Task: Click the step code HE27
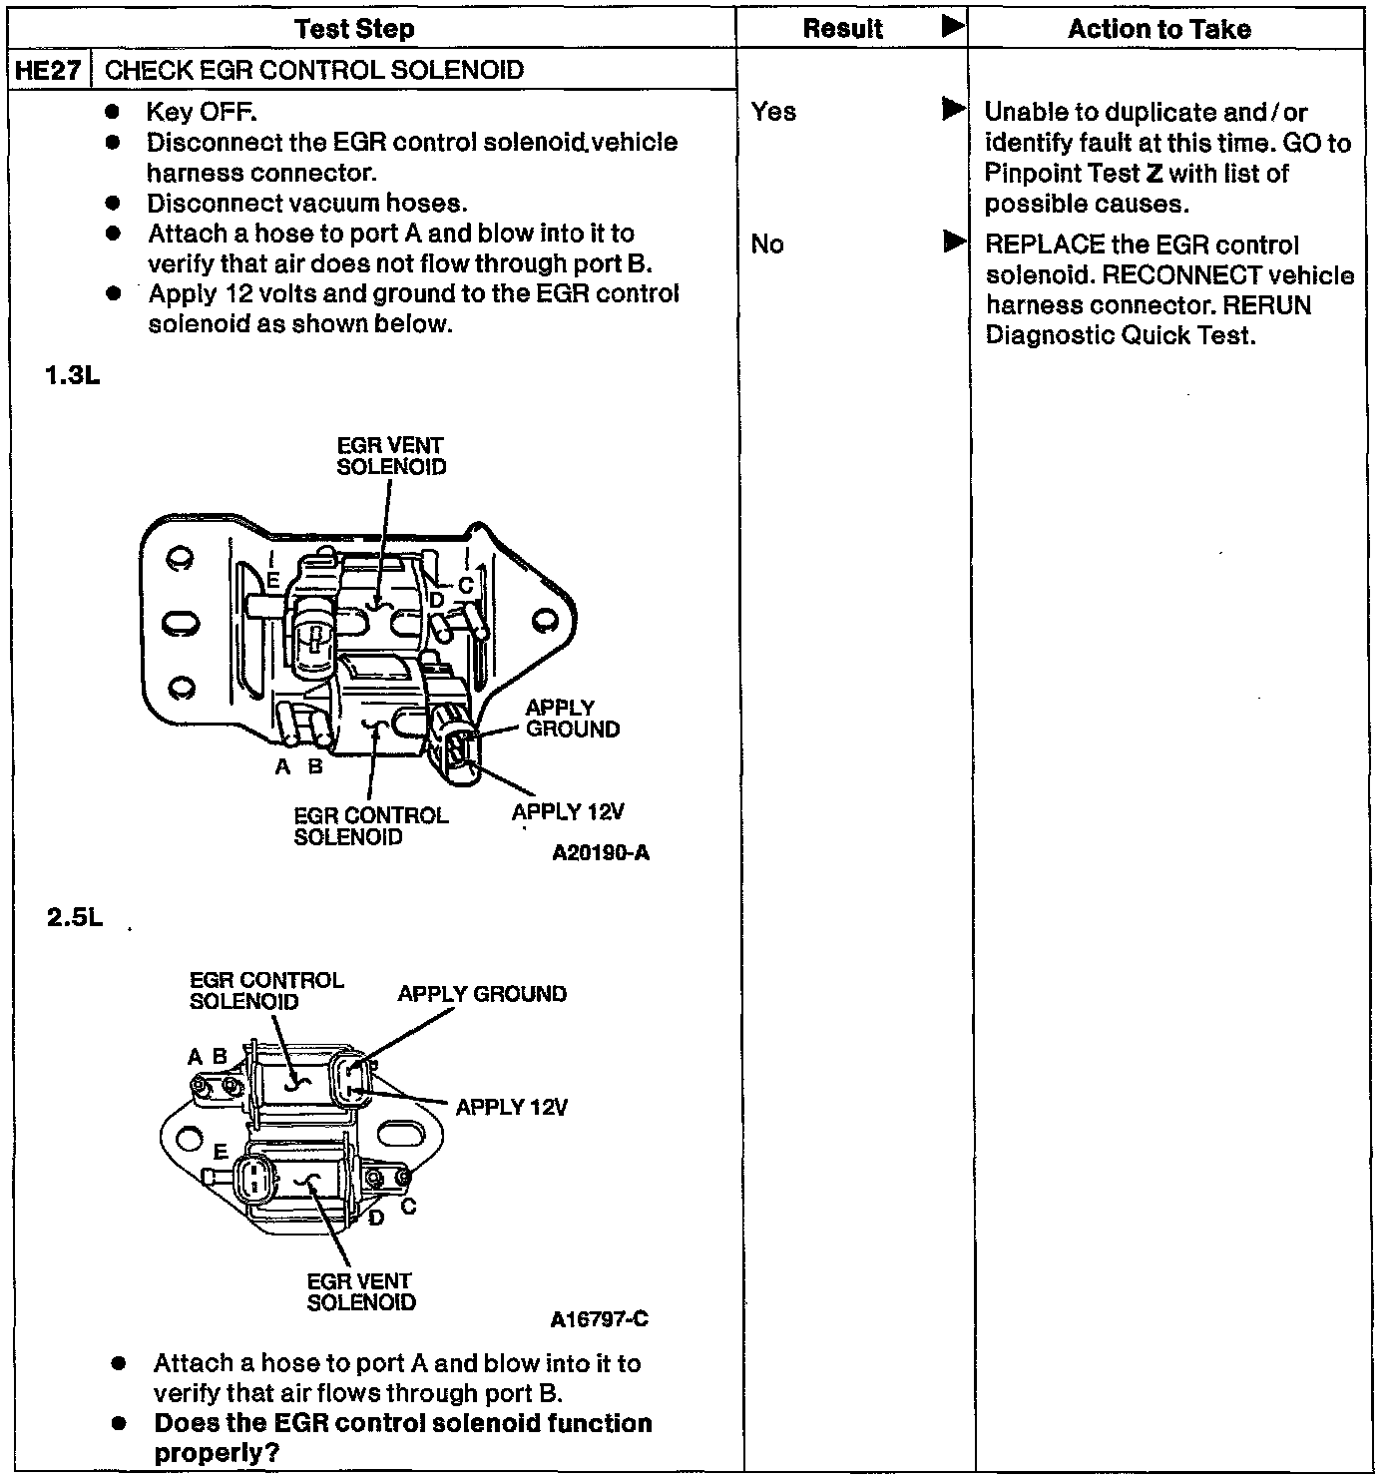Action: coord(48,70)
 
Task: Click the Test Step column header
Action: coord(355,29)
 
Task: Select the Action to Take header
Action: coord(1159,29)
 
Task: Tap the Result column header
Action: coord(843,29)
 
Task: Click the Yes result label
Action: coord(773,111)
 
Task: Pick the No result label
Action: coord(766,244)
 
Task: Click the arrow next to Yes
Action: coord(954,109)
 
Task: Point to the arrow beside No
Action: coord(954,242)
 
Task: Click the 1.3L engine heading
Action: coord(73,377)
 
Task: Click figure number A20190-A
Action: coord(601,853)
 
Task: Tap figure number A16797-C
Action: coord(599,1319)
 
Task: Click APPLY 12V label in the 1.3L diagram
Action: coord(568,811)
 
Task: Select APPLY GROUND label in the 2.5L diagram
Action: coord(482,994)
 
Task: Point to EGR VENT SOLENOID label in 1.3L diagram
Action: coord(391,456)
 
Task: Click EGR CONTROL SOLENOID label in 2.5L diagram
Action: coord(266,991)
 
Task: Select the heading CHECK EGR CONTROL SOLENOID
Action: coord(314,70)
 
